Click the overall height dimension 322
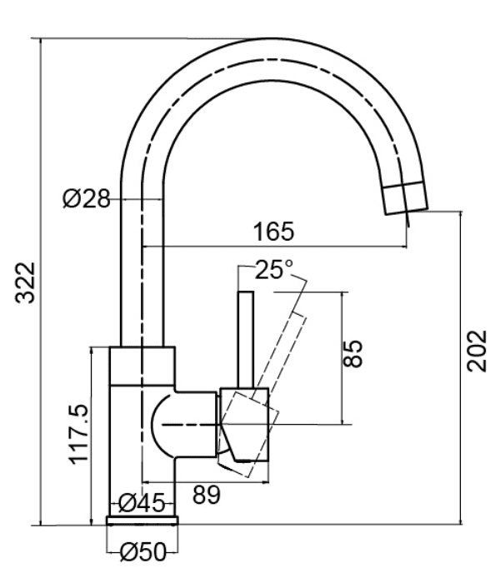[26, 282]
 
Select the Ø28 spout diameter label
[86, 200]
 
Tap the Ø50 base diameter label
[143, 551]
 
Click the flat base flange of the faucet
[142, 521]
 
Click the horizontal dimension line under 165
[275, 247]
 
